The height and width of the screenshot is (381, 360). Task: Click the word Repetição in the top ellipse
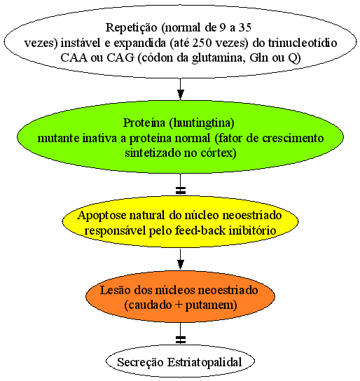click(132, 28)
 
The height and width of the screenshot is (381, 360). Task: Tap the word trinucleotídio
click(302, 43)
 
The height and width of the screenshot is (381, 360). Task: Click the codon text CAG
click(120, 58)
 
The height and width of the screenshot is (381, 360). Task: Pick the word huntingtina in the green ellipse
click(202, 123)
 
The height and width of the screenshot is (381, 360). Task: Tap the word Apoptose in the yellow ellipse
click(102, 216)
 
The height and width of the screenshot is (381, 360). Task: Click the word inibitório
click(253, 230)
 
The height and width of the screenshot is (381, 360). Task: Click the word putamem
click(211, 305)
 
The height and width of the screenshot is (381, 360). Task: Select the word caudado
click(148, 305)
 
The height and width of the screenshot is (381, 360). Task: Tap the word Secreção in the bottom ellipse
click(140, 362)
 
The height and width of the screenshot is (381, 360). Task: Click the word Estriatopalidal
click(205, 362)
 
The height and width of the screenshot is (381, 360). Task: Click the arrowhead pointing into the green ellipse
click(180, 95)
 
